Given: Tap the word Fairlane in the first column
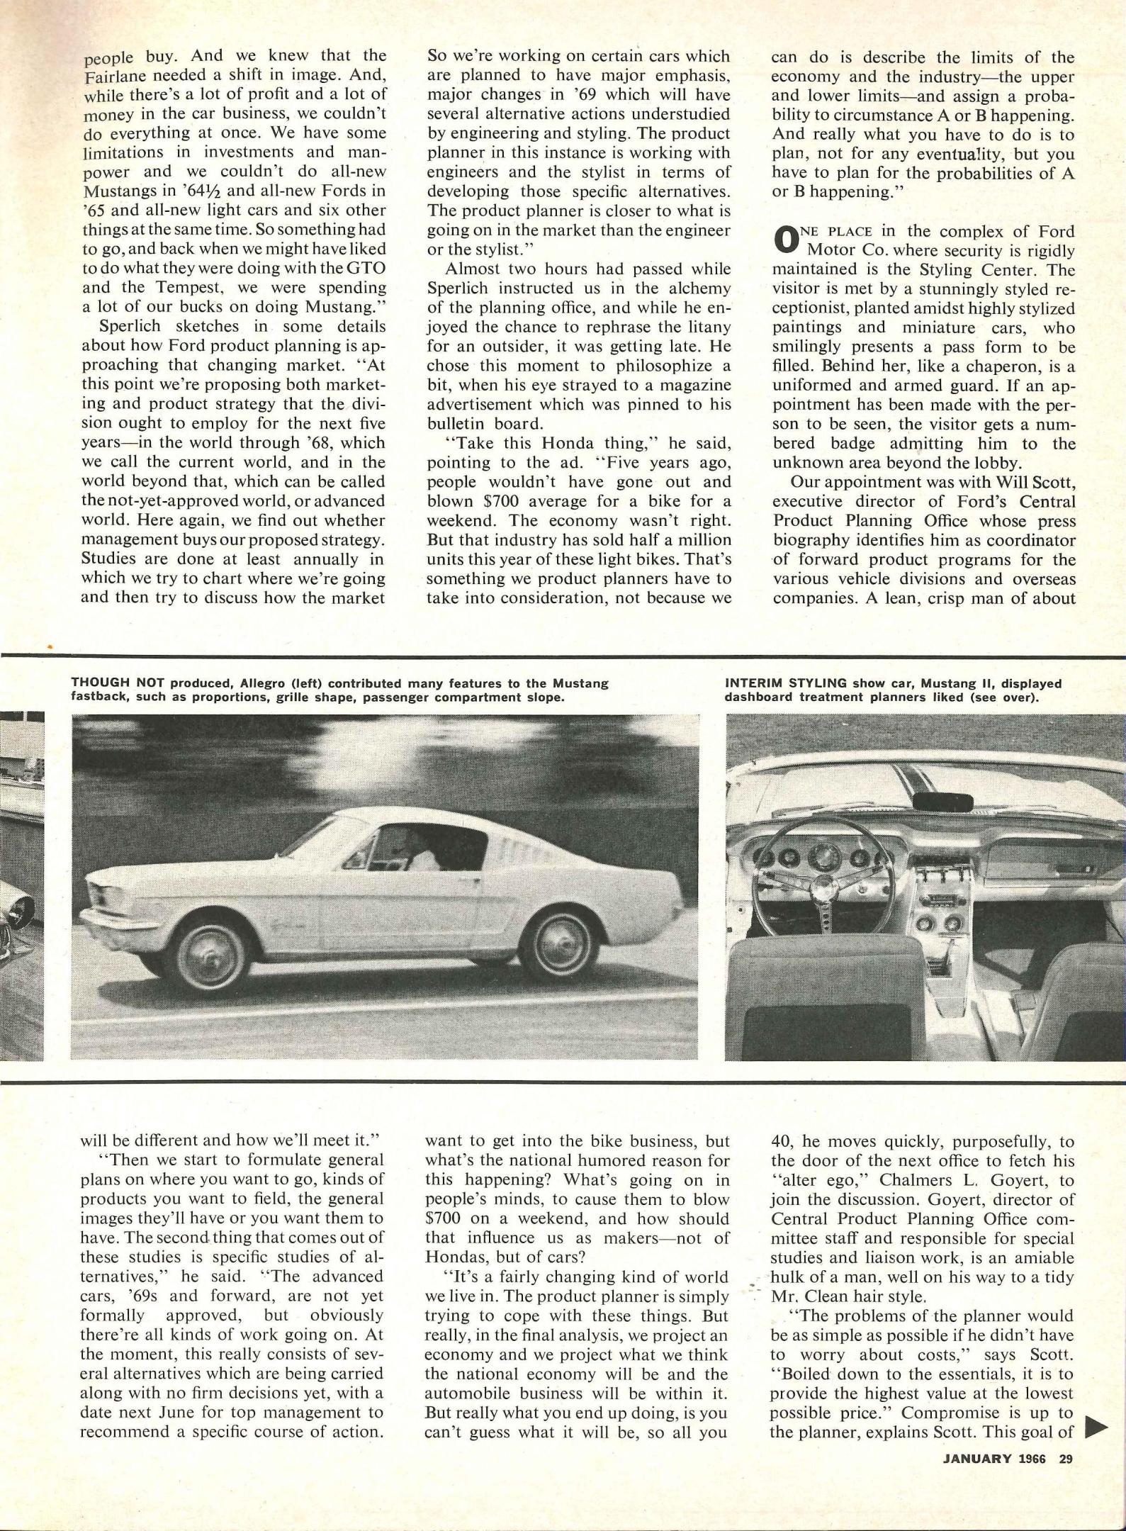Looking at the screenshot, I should click(x=116, y=75).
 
